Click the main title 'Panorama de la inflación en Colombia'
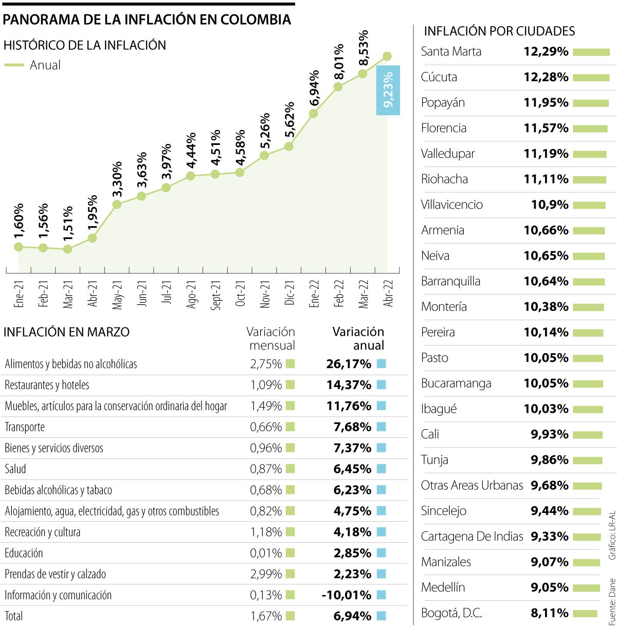click(147, 20)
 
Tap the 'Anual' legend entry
click(45, 65)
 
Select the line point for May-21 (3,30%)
click(117, 204)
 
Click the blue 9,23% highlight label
click(388, 90)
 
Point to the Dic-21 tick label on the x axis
click(289, 293)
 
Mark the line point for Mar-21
click(67, 249)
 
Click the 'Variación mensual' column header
click(271, 338)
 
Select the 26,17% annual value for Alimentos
click(349, 364)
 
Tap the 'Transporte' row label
click(25, 427)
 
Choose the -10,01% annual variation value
click(346, 595)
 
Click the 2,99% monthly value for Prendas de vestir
click(266, 574)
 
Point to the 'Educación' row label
click(24, 553)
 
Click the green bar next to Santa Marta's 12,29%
click(591, 52)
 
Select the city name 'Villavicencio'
click(452, 205)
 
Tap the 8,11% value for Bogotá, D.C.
click(549, 613)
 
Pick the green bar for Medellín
click(586, 588)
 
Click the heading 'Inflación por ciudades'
click(499, 31)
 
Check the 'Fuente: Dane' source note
click(612, 602)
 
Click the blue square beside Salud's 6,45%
click(381, 469)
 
